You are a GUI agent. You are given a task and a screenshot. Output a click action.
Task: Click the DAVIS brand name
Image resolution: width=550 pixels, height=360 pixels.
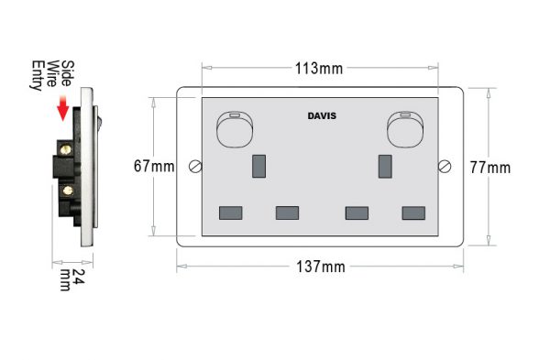pyautogui.click(x=322, y=116)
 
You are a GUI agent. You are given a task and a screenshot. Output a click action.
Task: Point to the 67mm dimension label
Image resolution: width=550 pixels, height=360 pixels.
pyautogui.click(x=153, y=167)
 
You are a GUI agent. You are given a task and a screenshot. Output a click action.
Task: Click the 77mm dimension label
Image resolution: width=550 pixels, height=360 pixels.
pyautogui.click(x=489, y=167)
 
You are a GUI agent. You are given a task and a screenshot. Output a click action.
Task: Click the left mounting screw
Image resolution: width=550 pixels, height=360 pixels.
pyautogui.click(x=194, y=167)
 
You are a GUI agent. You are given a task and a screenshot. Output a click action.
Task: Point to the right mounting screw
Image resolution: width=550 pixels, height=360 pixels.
pyautogui.click(x=446, y=167)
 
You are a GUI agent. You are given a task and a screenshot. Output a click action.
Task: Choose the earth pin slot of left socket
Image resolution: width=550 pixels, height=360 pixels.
pyautogui.click(x=258, y=166)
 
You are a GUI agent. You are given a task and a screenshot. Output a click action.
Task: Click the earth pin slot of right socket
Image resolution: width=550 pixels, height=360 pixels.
pyautogui.click(x=386, y=166)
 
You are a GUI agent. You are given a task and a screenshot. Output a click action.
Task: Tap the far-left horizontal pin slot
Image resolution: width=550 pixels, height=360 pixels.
pyautogui.click(x=231, y=213)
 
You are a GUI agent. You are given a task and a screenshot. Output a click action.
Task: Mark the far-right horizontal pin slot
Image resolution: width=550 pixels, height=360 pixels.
pyautogui.click(x=413, y=213)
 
